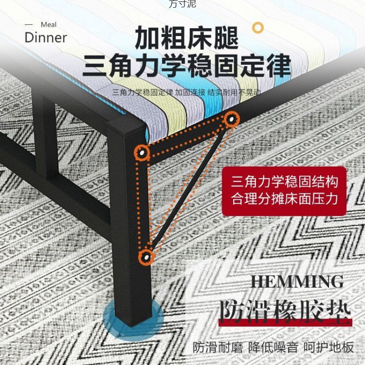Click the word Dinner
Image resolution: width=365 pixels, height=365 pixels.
pos(46,37)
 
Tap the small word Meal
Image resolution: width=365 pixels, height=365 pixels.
pos(49,25)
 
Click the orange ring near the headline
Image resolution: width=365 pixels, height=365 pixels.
pos(258,27)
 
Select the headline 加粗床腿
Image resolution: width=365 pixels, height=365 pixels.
pos(187,38)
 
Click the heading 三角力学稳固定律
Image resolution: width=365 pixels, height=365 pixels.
pos(187,67)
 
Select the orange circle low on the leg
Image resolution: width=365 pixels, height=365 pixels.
pos(146,257)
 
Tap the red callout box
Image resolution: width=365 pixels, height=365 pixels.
pos(284,191)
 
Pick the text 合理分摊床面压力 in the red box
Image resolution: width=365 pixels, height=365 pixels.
pos(285,199)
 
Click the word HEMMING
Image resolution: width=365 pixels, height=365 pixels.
pos(297,281)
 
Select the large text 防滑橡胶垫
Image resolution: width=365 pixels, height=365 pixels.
pos(285,311)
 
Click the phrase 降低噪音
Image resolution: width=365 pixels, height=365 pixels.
pos(273,347)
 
